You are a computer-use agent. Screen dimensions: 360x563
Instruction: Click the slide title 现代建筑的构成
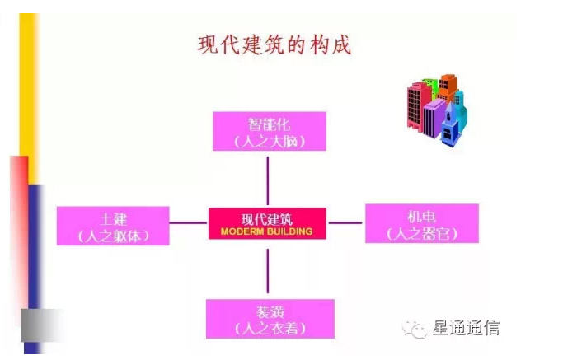click(x=274, y=44)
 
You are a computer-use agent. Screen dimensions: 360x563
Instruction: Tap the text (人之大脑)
click(x=269, y=142)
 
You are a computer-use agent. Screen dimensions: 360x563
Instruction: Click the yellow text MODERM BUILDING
click(x=267, y=232)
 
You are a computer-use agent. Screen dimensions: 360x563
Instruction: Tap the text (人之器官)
click(x=421, y=235)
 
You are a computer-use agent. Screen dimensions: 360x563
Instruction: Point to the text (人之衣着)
click(x=270, y=329)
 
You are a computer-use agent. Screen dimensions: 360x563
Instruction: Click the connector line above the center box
click(x=267, y=180)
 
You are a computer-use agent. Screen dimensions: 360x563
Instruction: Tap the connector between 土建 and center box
click(x=189, y=222)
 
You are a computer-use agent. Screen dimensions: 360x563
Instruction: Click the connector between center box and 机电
click(x=345, y=222)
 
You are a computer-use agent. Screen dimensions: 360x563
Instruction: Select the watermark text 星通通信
click(x=466, y=329)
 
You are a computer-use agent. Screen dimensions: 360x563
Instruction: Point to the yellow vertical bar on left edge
click(x=28, y=82)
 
